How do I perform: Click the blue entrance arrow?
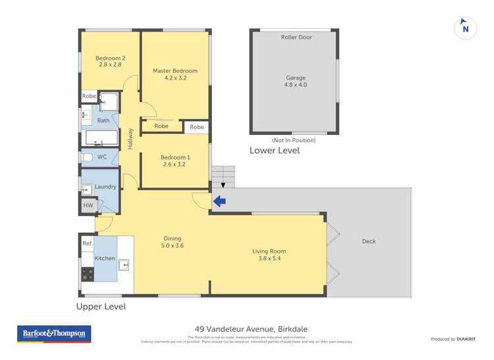tap(220, 201)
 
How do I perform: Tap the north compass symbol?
tap(466, 28)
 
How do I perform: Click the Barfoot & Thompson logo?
tap(54, 334)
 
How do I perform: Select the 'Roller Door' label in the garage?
tap(296, 38)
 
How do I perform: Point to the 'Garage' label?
tap(295, 78)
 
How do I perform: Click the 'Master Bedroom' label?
tap(175, 70)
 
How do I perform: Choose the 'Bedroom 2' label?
tap(110, 58)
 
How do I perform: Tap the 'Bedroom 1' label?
tap(175, 157)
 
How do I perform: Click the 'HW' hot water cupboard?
tap(88, 205)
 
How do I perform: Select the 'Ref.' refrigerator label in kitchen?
tap(87, 244)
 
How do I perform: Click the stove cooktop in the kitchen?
tap(88, 274)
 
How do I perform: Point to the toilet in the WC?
tap(87, 157)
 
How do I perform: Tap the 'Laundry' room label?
tap(105, 187)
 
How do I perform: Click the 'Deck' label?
tap(369, 242)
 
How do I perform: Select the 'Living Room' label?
tap(269, 251)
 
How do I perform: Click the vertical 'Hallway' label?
tap(131, 138)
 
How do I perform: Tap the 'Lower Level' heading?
tap(274, 151)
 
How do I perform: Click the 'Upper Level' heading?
tap(101, 307)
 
